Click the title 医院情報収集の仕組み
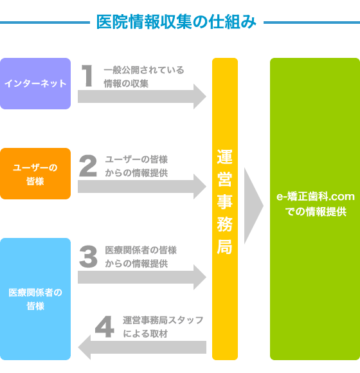pyautogui.click(x=176, y=22)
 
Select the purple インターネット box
pyautogui.click(x=35, y=84)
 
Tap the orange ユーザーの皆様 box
pyautogui.click(x=35, y=174)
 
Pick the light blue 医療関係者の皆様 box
pyautogui.click(x=35, y=299)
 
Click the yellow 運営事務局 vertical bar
pyautogui.click(x=225, y=209)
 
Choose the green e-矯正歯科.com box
pyautogui.click(x=315, y=209)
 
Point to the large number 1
pyautogui.click(x=87, y=76)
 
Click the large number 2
pyautogui.click(x=88, y=166)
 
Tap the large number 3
pyautogui.click(x=88, y=257)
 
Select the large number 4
pyautogui.click(x=104, y=327)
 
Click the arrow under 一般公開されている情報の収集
pyautogui.click(x=142, y=96)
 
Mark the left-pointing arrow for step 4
pyautogui.click(x=142, y=347)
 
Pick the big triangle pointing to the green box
pyautogui.click(x=253, y=206)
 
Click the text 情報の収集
pyautogui.click(x=126, y=84)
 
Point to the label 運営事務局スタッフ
pyautogui.click(x=163, y=320)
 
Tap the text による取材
pyautogui.click(x=145, y=334)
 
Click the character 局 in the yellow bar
pyautogui.click(x=225, y=247)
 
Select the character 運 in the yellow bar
pyautogui.click(x=225, y=157)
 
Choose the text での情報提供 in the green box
pyautogui.click(x=316, y=212)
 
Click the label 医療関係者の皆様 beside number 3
pyautogui.click(x=141, y=250)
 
